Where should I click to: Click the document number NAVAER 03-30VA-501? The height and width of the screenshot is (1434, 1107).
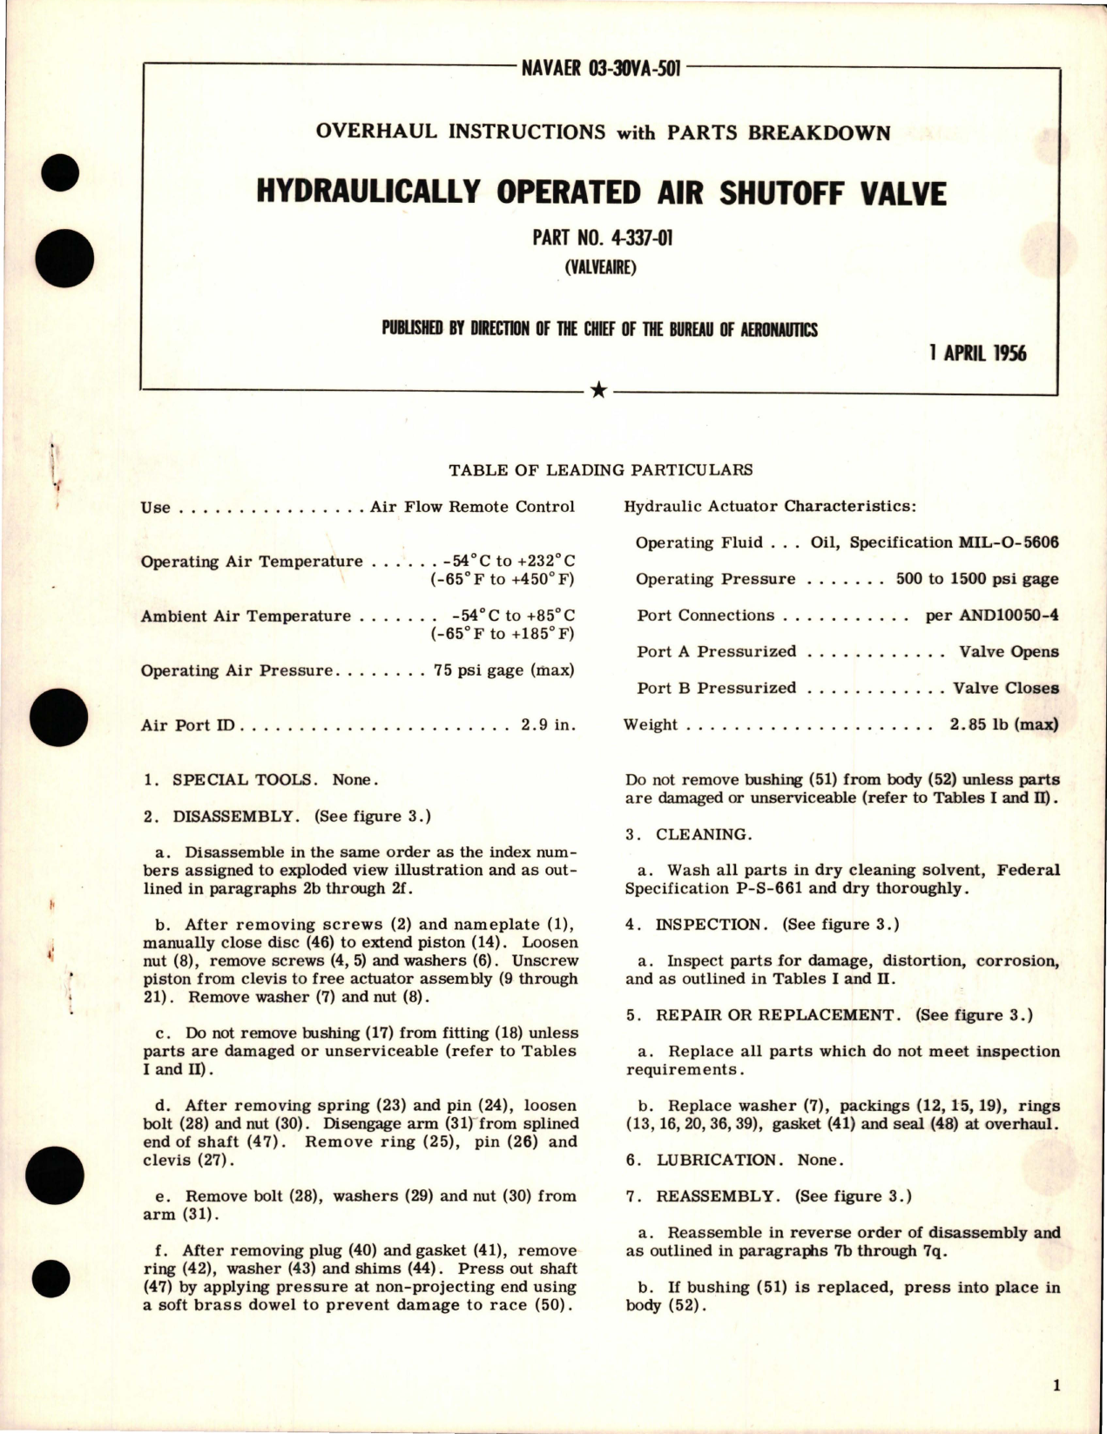[601, 69]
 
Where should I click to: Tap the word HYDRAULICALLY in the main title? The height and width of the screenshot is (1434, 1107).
[366, 193]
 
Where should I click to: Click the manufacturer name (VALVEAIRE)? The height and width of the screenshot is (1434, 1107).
[601, 267]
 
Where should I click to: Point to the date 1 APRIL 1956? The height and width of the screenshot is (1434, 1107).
[978, 353]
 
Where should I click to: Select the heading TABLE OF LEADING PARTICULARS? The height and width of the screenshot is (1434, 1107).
[601, 470]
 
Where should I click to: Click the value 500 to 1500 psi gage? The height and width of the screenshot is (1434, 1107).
[977, 579]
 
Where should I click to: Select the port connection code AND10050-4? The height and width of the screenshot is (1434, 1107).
[992, 616]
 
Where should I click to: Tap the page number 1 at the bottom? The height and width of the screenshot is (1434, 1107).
[1056, 1386]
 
